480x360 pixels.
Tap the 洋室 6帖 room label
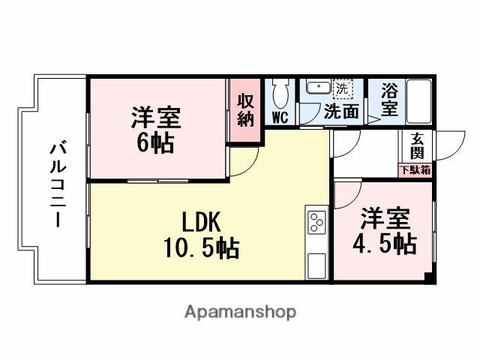coord(157,130)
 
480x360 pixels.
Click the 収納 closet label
coord(245,110)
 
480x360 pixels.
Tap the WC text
coord(280,117)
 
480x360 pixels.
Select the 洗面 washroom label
coord(340,112)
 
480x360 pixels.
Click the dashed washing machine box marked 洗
coord(342,87)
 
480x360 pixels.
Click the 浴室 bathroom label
coord(388,100)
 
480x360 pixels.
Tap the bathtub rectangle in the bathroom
coord(418,100)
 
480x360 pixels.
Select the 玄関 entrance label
coord(416,148)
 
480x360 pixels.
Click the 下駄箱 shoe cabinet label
coord(415,170)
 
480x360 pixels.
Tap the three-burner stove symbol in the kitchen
coord(316,223)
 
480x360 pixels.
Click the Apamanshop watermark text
coord(240,311)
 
